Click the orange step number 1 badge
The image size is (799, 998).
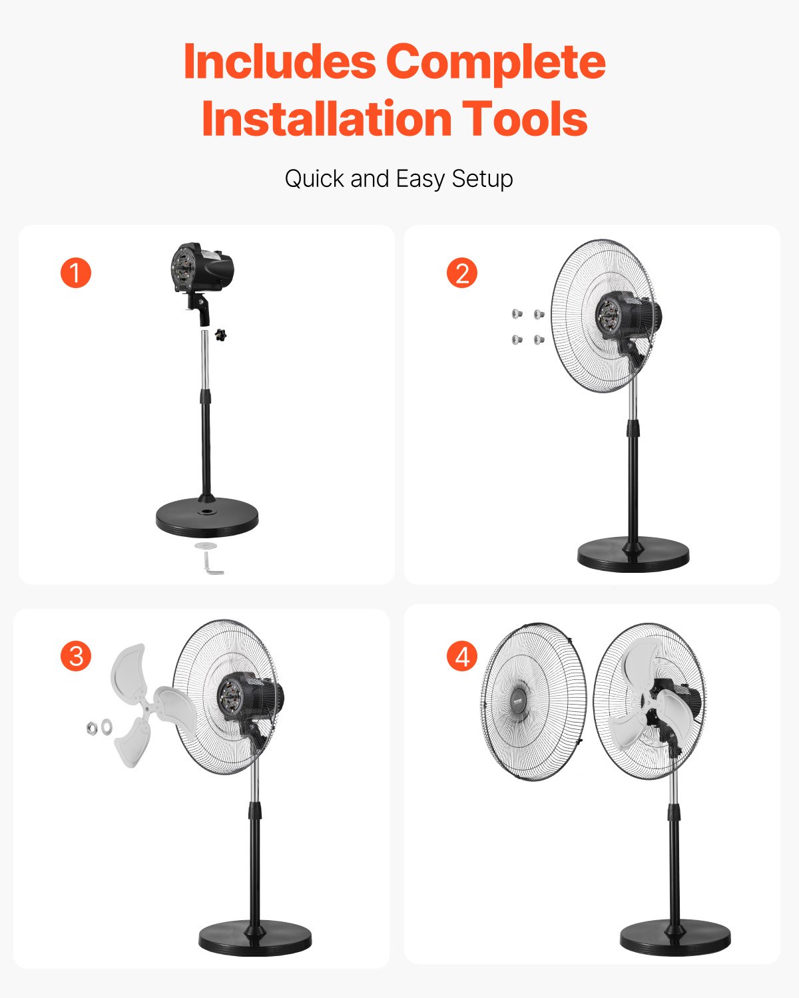coord(75,273)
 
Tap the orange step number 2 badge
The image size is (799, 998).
coord(462,273)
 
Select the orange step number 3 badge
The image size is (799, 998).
coord(76,656)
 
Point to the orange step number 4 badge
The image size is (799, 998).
coord(462,657)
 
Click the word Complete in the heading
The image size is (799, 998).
coord(495,61)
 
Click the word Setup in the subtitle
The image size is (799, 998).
coord(482,179)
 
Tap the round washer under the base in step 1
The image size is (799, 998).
coord(206,546)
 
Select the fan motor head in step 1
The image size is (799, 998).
coord(203,269)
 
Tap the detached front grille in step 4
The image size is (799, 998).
coord(533,702)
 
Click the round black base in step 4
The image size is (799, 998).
coord(675,937)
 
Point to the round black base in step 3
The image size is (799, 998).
coord(255,938)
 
